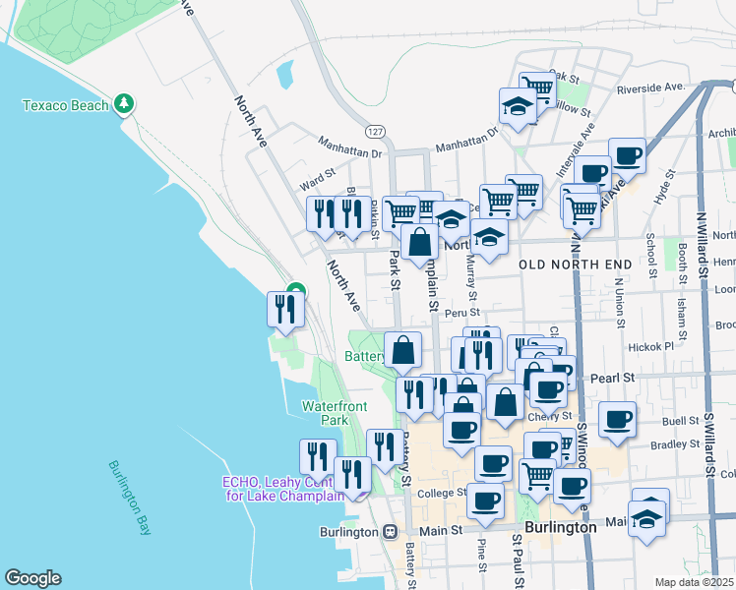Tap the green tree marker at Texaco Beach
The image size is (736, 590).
click(x=123, y=102)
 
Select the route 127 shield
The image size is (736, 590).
click(x=375, y=130)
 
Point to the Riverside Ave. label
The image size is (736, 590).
click(x=650, y=88)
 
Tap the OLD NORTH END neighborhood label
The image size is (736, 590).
click(x=559, y=265)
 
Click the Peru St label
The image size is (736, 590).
click(x=460, y=314)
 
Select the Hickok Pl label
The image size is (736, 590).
click(x=654, y=346)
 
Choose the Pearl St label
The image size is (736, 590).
click(x=610, y=377)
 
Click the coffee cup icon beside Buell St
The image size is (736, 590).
click(x=618, y=419)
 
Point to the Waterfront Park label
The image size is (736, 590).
click(x=334, y=412)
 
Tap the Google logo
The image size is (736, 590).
click(x=32, y=578)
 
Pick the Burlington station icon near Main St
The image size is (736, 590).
click(x=390, y=531)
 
